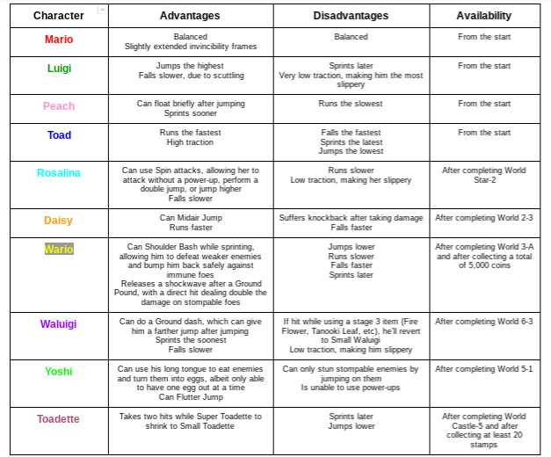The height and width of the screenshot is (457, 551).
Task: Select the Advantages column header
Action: coord(190,16)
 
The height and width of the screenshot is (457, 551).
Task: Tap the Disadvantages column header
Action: coord(352,16)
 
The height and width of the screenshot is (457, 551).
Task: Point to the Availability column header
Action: coord(483,16)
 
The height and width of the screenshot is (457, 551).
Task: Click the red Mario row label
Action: coord(59,40)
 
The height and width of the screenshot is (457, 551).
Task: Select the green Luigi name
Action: coord(59,69)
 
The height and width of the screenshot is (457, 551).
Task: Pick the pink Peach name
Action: coord(59,106)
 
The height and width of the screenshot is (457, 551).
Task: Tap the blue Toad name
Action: coord(59,135)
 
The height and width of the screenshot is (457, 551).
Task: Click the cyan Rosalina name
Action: coord(59,173)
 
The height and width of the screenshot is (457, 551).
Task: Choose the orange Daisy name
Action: coord(59,221)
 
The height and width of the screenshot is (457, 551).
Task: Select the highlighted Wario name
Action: coord(59,249)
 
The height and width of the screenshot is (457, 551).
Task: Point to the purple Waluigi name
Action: coord(59,324)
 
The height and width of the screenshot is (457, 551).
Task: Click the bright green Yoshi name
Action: coord(59,372)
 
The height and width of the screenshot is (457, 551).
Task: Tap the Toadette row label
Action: coord(59,419)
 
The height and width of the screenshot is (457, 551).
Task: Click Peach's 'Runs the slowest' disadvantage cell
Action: coord(352,104)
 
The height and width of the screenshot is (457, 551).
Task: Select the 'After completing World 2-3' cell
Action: coord(483,217)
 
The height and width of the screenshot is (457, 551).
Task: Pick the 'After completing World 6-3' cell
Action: coord(483,322)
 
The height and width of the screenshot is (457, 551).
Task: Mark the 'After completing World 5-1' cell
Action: coord(483,369)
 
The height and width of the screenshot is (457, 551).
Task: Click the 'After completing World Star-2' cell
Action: coord(483,175)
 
